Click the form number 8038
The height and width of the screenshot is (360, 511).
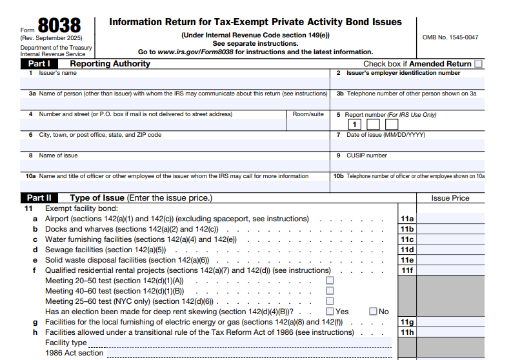pos(59,26)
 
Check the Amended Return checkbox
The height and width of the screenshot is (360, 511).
pos(478,64)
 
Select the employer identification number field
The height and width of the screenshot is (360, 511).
pos(409,83)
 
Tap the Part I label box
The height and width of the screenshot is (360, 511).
pos(39,64)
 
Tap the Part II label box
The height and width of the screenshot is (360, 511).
pos(39,198)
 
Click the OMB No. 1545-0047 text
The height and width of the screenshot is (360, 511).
pos(450,37)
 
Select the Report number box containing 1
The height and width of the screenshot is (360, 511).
pos(354,125)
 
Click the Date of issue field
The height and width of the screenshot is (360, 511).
pos(409,145)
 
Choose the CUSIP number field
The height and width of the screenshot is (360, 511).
pos(409,165)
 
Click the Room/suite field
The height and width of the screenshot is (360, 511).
pos(308,125)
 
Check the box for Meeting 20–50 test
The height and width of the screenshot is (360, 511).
pos(330,281)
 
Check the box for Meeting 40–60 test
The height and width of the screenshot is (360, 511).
pos(330,291)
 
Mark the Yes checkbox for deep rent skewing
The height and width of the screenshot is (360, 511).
pos(330,312)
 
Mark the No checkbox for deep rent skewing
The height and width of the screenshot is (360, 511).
pos(373,312)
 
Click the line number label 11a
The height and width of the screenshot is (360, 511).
pos(406,219)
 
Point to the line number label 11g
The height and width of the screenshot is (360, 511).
pos(406,322)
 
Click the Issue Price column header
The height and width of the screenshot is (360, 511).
pos(450,198)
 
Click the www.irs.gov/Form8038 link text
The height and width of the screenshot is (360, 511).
pos(196,52)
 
